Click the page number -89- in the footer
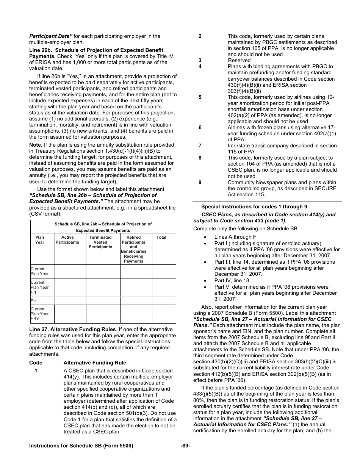tap(185, 446)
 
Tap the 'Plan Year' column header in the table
tap(40, 240)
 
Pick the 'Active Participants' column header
tap(67, 240)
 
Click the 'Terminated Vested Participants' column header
tap(100, 242)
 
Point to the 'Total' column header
tap(161, 237)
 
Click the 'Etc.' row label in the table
tap(34, 301)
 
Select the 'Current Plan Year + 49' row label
tap(39, 314)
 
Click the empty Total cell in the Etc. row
tap(164, 301)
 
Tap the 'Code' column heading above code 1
tap(36, 363)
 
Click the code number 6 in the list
tap(200, 127)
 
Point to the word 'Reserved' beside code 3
tap(239, 60)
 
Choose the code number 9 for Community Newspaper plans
tap(200, 182)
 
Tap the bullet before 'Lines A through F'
tap(205, 237)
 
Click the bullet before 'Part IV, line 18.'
tap(205, 281)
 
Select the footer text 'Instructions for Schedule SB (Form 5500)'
tap(81, 446)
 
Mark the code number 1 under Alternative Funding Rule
tap(36, 371)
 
